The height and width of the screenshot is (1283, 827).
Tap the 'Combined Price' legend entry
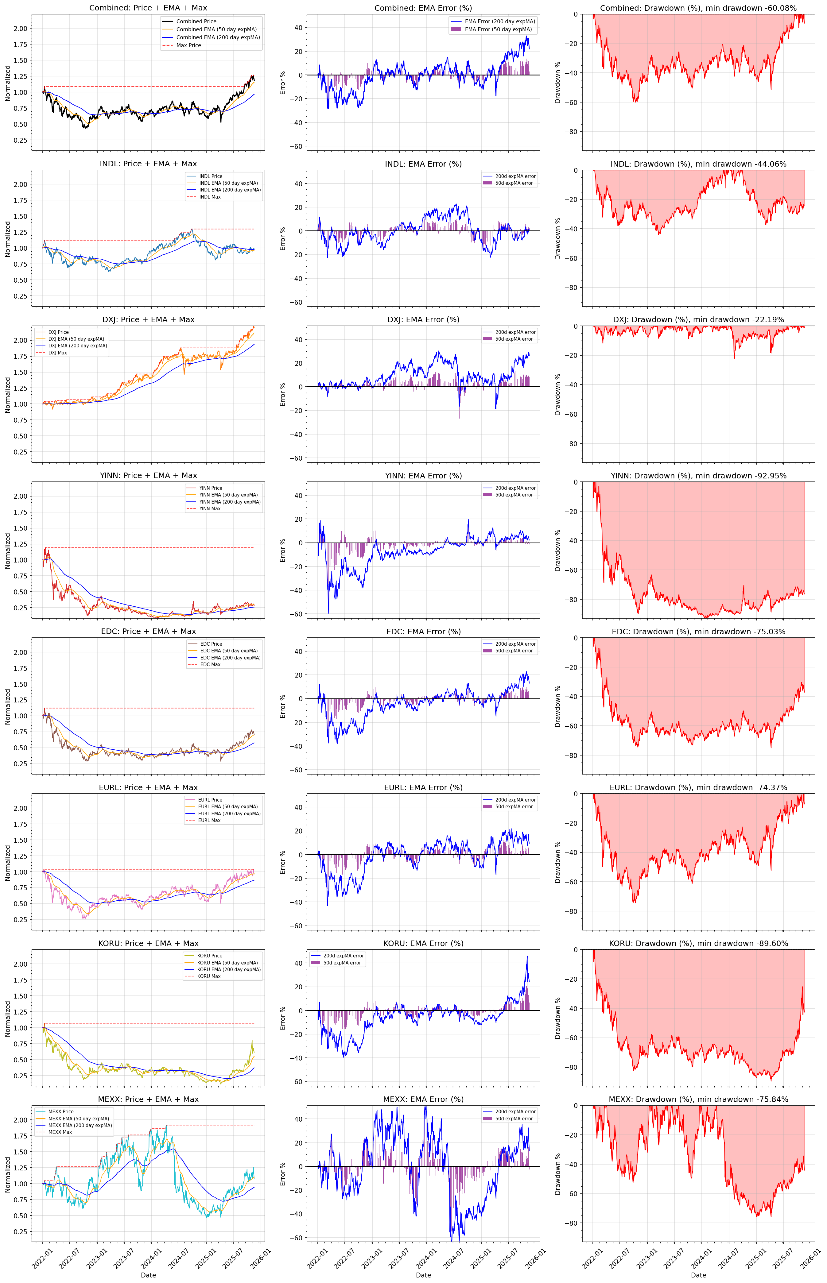pos(196,21)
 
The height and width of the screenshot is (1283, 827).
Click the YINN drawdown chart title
pos(698,476)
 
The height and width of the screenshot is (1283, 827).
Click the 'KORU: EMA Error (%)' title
pos(423,943)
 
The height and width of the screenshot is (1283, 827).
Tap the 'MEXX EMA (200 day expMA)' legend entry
pos(80,1125)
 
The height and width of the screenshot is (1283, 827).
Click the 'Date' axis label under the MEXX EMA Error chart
pos(423,1275)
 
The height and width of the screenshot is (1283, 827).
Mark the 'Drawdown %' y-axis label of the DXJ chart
pos(557,395)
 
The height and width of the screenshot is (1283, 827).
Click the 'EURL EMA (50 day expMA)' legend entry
pos(228,806)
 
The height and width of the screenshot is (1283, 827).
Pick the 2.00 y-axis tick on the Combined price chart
pos(20,29)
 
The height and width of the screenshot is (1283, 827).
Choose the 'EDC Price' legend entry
pos(211,643)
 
